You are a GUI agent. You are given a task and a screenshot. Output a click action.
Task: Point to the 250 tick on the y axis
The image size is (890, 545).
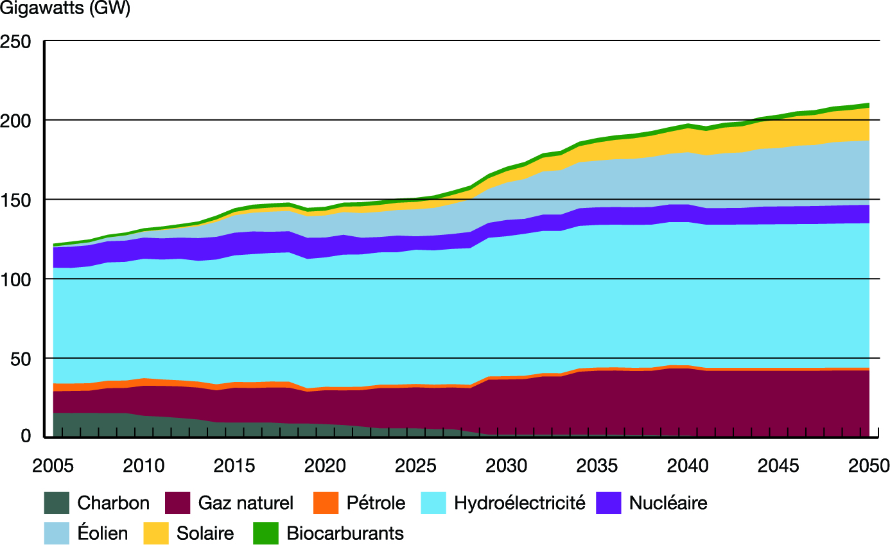point(17,41)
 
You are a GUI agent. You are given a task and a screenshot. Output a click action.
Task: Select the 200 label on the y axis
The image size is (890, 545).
point(17,120)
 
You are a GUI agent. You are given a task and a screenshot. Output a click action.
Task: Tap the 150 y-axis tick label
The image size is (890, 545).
point(17,200)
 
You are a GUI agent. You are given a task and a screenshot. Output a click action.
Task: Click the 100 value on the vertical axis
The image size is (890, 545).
point(17,279)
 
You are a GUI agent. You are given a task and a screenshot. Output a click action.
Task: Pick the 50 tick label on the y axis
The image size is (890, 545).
point(21,358)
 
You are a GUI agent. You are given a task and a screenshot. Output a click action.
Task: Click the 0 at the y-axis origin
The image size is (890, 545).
point(27,437)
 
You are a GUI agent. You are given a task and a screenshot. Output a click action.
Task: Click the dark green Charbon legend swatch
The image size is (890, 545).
point(57,503)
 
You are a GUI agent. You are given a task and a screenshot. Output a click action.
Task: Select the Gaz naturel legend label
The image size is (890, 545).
point(246,503)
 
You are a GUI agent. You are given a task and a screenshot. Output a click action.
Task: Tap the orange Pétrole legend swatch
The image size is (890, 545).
point(326,503)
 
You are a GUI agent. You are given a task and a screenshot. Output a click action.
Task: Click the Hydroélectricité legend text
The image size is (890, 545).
point(519,503)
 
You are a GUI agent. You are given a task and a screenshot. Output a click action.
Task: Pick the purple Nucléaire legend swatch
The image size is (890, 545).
point(609,503)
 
